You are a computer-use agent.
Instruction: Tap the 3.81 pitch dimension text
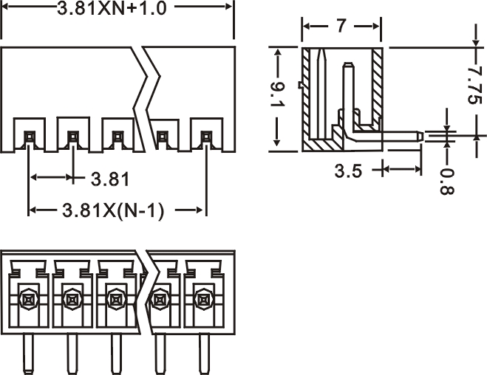110,178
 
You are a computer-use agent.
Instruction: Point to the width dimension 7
341,27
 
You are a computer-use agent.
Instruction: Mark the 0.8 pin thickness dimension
447,181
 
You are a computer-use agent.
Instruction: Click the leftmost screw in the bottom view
29,299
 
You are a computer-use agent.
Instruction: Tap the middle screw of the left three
72,299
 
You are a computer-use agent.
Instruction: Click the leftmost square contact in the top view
29,136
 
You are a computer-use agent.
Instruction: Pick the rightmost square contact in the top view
206,136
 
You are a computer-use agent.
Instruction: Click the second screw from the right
159,299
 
